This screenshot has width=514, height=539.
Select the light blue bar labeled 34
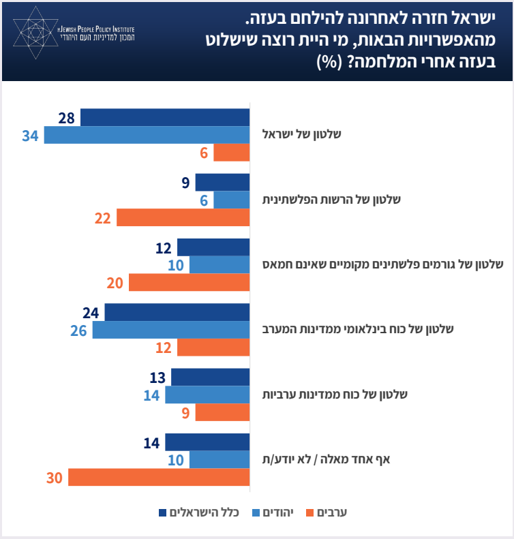coord(147,135)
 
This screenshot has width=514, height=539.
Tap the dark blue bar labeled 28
coord(165,117)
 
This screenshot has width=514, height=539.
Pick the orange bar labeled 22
coord(183,217)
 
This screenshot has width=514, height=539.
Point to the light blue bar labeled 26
coord(171,330)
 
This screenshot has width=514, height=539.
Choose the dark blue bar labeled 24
coord(177,312)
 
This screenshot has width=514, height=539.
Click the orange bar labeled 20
coord(189,282)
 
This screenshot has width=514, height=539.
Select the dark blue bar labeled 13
coord(211,378)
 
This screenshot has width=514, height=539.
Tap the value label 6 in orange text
coord(204,153)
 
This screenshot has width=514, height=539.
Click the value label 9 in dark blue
coord(185,183)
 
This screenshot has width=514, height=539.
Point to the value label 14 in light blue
coord(151,395)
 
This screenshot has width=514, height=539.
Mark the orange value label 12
coord(164,348)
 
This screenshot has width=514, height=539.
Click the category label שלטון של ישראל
coord(302,134)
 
